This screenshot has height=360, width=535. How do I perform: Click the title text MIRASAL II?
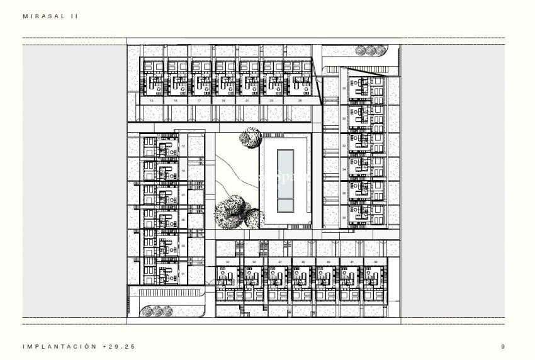click(51, 18)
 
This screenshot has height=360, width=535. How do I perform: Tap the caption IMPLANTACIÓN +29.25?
click(79, 346)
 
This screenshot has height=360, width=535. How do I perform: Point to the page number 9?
click(503, 346)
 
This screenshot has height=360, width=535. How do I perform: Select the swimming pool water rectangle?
click(286, 182)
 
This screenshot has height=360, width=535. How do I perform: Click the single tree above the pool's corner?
click(250, 137)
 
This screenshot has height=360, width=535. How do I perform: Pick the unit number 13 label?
click(152, 100)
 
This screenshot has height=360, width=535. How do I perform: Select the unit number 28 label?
click(344, 89)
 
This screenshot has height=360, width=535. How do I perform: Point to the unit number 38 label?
click(344, 217)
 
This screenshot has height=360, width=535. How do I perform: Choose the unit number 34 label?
click(344, 169)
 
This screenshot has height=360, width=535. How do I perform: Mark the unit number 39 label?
click(375, 261)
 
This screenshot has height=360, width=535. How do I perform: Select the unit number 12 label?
click(183, 146)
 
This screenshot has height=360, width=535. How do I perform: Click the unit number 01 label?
click(183, 274)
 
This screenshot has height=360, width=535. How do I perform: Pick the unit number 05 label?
click(183, 220)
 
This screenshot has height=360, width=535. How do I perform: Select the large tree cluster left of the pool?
click(235, 211)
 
